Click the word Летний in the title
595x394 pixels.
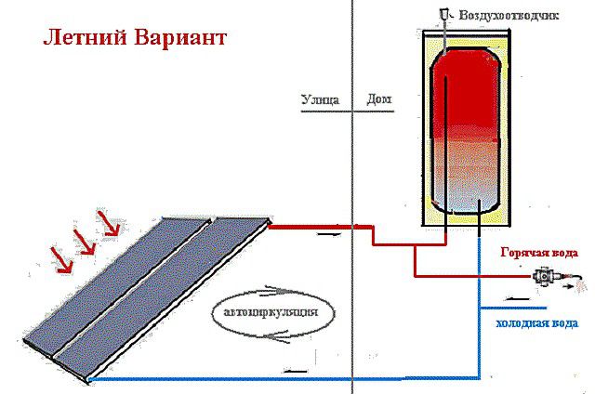tap(85, 39)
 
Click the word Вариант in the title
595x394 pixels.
tap(180, 39)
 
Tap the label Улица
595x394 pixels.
tap(320, 99)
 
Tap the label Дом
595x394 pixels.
tap(379, 99)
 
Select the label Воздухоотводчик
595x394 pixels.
tap(509, 16)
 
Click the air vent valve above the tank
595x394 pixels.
tap(444, 15)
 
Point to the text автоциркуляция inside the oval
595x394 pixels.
tap(271, 313)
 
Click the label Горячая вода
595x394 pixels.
tap(539, 253)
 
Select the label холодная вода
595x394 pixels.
tap(537, 323)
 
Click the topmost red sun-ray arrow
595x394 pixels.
tap(109, 223)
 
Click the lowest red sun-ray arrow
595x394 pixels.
tap(62, 260)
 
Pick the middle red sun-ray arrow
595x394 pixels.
tap(85, 242)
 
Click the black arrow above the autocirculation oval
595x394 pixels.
tap(280, 291)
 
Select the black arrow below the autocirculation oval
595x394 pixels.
tap(275, 336)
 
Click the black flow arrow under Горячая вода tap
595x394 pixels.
tap(519, 299)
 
